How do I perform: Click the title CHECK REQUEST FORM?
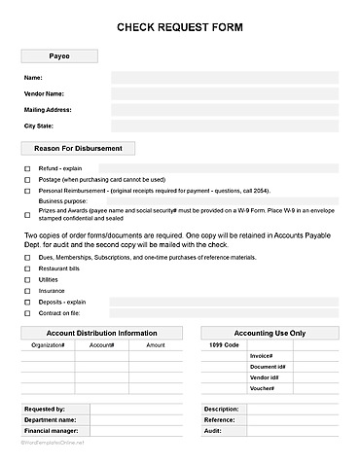[x=179, y=30]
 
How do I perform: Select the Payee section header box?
[x=59, y=56]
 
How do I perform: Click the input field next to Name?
[x=224, y=77]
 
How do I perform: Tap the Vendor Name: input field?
[x=224, y=93]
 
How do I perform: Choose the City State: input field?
[x=224, y=125]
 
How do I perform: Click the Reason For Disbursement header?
[x=78, y=149]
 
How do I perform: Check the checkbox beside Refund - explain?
[x=27, y=168]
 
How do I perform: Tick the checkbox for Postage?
[x=27, y=180]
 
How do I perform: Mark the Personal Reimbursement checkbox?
[x=27, y=192]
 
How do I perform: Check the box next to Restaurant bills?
[x=27, y=269]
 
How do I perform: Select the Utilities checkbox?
[x=27, y=279]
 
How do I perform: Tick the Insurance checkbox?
[x=27, y=291]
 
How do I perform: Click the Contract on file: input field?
[x=224, y=313]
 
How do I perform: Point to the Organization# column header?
[x=48, y=345]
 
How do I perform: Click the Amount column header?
[x=155, y=345]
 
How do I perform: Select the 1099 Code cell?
[x=223, y=345]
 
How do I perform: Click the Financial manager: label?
[x=50, y=430]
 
